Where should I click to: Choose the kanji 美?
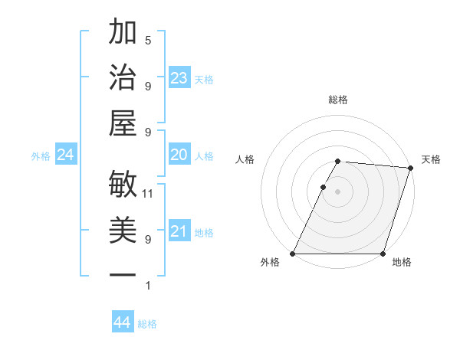click(123, 230)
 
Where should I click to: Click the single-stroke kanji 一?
click(123, 275)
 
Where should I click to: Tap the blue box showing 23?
click(179, 77)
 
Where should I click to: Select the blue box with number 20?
click(179, 155)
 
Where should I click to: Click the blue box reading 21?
click(179, 231)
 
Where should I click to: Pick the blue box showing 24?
click(65, 155)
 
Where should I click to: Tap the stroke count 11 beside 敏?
click(149, 193)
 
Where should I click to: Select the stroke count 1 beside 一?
click(148, 286)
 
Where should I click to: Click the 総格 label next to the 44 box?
click(148, 324)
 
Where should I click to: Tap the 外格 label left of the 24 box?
click(41, 156)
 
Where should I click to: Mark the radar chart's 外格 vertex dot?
click(293, 254)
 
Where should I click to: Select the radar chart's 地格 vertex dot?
click(383, 254)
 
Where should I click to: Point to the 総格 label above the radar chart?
click(338, 100)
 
